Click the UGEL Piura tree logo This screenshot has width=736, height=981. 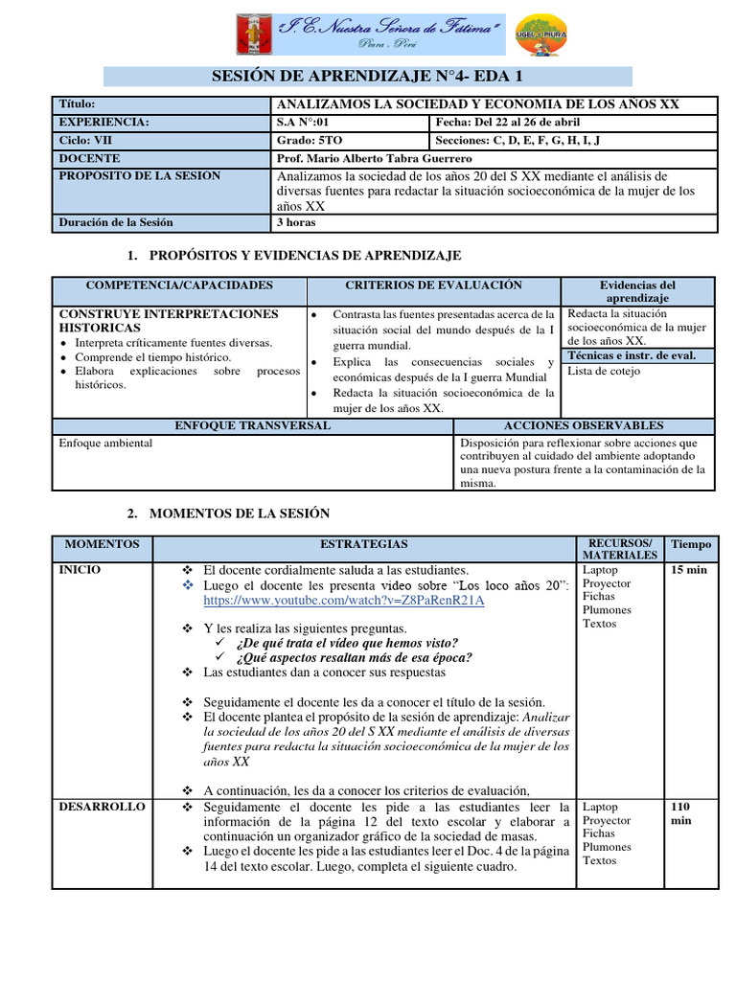click(540, 37)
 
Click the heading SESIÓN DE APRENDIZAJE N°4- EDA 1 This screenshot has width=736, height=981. click(367, 77)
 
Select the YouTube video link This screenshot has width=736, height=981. click(344, 601)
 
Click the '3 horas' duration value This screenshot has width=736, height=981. click(295, 222)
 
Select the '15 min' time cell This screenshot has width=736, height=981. click(690, 570)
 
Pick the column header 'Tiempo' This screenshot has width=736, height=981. click(691, 544)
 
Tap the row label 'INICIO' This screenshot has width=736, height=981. click(80, 570)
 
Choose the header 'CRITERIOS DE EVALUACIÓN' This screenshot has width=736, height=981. click(433, 285)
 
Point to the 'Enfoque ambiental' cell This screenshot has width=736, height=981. click(105, 444)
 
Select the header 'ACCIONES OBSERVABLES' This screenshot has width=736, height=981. click(583, 424)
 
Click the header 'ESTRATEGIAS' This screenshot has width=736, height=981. click(363, 544)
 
